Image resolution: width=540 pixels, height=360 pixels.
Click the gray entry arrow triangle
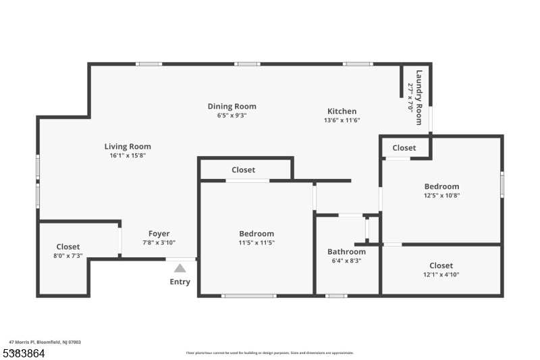point(180,268)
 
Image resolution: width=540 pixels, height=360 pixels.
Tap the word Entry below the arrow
point(180,282)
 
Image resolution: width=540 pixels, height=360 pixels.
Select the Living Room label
point(128,147)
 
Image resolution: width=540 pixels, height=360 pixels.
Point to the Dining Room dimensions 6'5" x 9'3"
point(232,115)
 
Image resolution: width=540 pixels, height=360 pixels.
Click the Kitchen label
point(342,111)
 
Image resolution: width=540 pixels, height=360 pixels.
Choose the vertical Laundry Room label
point(419,97)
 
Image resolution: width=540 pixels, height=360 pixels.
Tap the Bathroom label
point(346,252)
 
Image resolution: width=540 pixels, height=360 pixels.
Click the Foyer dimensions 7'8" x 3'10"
point(159,242)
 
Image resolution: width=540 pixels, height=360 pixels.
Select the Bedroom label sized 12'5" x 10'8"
point(442,186)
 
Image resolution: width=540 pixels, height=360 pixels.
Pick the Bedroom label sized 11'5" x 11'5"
point(256,234)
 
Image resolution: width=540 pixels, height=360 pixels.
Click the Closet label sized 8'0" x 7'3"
point(68,247)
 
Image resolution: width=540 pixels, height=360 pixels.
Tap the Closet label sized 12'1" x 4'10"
point(441,265)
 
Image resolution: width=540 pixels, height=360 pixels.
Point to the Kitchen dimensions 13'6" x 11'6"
point(342,120)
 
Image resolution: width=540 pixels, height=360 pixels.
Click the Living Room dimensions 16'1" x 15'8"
point(128,155)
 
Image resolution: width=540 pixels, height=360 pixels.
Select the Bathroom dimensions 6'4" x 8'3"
point(346,261)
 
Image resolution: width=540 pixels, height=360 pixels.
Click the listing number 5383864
point(24,353)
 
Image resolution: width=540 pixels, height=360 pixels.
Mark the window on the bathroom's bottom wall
point(336,296)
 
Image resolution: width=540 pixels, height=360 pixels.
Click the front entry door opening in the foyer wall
point(181,259)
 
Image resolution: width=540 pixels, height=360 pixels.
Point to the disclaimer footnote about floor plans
point(269,353)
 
